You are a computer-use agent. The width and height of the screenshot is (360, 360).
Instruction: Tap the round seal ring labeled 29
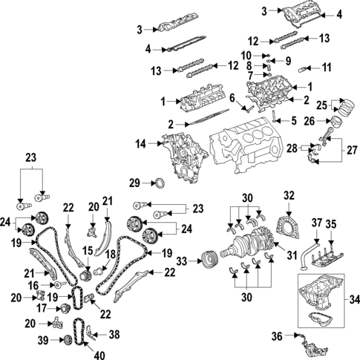point(158,183)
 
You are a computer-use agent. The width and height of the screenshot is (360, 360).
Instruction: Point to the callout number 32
point(289,195)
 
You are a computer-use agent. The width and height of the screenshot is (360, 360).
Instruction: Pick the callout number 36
point(277,336)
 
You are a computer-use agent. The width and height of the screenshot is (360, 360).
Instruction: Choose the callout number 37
point(316,222)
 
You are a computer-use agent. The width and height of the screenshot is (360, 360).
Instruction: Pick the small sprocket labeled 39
point(65,340)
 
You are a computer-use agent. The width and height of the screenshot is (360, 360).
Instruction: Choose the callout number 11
point(324,68)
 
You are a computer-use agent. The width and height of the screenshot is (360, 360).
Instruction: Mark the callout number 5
point(293,120)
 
